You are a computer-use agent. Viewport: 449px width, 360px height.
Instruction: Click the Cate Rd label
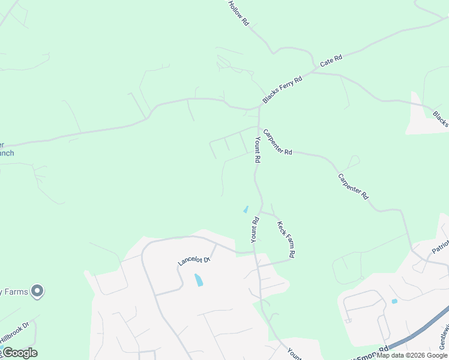coord(331,61)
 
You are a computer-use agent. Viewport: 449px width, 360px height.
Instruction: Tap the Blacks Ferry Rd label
coord(282,89)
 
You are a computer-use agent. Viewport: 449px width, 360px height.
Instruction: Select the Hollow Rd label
coord(238,13)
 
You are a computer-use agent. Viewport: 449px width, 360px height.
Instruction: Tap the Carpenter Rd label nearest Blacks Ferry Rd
coord(277,143)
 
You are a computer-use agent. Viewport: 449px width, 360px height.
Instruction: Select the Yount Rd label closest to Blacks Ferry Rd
coord(257,150)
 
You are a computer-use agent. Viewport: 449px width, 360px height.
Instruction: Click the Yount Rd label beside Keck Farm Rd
coord(255,230)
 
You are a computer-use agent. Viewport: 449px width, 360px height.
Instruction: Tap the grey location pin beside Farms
coord(37,291)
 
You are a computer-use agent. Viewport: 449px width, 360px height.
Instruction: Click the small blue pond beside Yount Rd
coord(246,209)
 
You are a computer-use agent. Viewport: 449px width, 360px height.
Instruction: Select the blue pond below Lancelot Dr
coord(198,280)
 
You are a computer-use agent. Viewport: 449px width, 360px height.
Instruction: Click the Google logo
coord(19,353)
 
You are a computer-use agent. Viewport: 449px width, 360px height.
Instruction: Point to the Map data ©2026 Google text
coord(412,356)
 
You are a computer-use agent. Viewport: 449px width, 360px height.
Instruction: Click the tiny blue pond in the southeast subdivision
coord(394,301)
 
